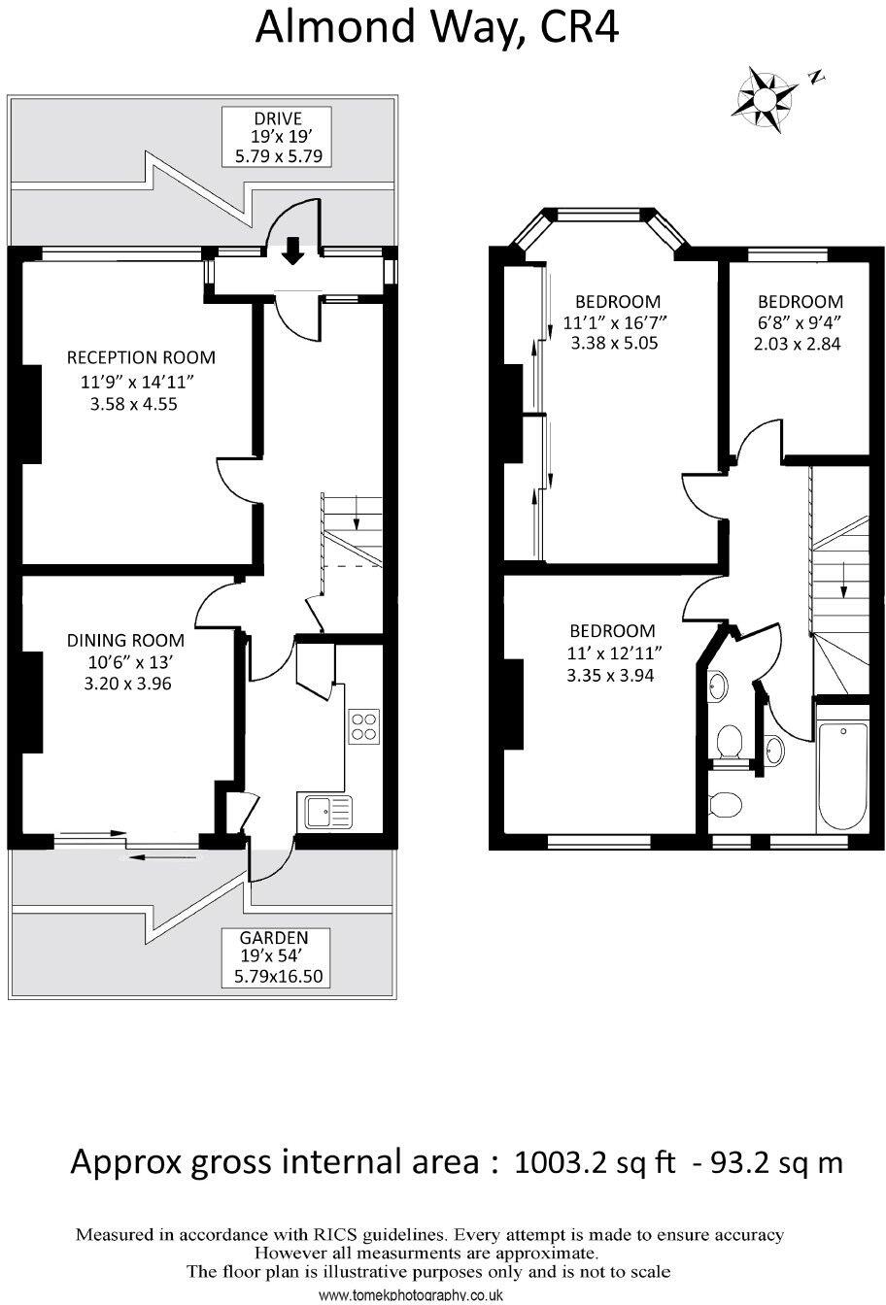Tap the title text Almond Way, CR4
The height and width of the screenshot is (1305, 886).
point(436,28)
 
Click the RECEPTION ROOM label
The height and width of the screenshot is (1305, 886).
point(141,357)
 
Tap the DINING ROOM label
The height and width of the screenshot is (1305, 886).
point(125,640)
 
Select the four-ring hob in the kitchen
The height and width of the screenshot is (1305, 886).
point(364,726)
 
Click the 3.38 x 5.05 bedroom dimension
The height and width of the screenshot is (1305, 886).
point(616,343)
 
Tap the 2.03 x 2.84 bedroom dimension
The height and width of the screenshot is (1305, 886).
point(796,343)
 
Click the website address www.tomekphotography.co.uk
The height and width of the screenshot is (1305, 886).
point(410,1295)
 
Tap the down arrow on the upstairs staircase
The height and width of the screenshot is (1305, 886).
point(842,580)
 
